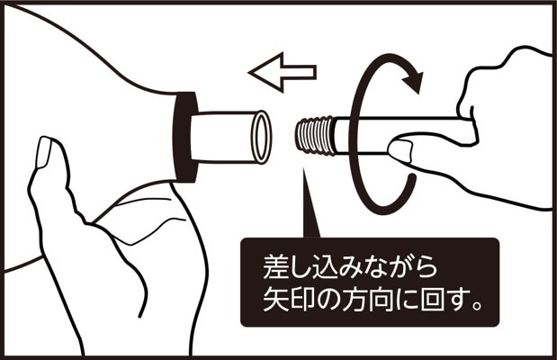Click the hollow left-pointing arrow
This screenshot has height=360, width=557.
point(283,72)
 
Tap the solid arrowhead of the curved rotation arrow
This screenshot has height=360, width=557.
point(414,81)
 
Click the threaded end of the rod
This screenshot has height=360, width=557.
point(315,135)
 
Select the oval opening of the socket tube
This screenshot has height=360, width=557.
point(262,137)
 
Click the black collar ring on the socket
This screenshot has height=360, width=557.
point(184,137)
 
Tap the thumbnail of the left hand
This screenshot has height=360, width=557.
point(44,152)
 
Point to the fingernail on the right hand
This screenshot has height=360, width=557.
point(400,150)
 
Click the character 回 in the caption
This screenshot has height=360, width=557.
point(432,301)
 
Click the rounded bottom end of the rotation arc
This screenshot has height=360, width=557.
point(411,176)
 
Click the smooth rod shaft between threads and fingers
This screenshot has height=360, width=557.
point(363,135)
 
